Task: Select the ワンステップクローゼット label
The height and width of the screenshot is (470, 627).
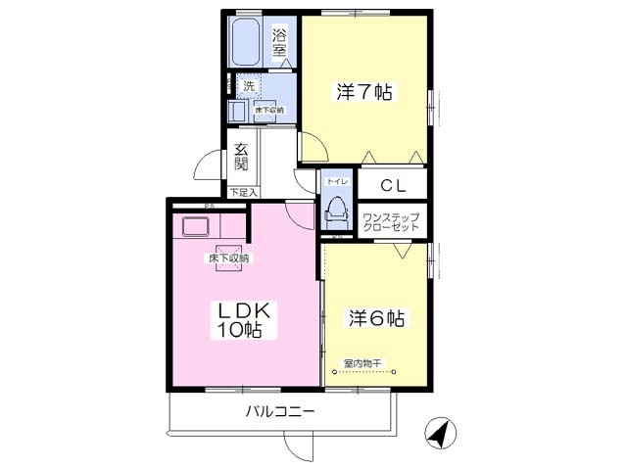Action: (x=390, y=221)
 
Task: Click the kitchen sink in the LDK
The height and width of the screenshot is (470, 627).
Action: (x=194, y=227)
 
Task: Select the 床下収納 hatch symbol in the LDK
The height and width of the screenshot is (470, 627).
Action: (x=228, y=258)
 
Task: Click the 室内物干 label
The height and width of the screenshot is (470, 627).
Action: (x=362, y=363)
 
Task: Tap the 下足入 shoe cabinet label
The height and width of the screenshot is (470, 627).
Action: (x=243, y=193)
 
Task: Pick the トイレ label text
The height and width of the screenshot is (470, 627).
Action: (x=334, y=182)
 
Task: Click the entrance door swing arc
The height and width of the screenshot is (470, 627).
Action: (x=208, y=167)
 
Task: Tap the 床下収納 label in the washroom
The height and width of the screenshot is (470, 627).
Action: (x=269, y=110)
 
